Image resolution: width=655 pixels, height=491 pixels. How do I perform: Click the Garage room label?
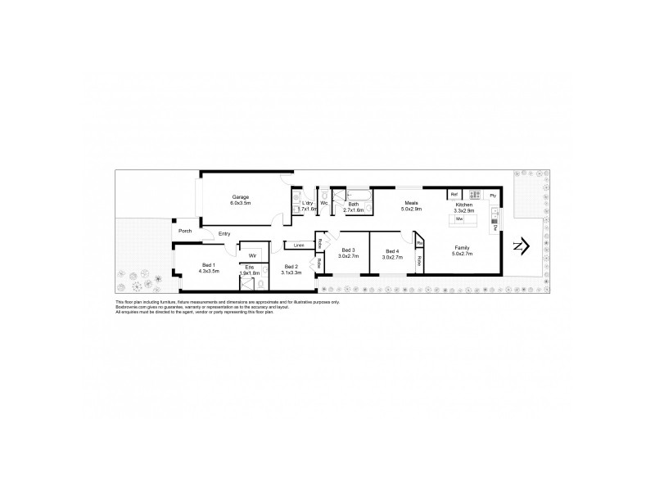pos(240,197)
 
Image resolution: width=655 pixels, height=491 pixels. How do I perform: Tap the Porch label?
pos(186,231)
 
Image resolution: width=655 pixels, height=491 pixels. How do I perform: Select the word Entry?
pos(224,234)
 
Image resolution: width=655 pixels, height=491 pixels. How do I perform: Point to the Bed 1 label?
pos(208,264)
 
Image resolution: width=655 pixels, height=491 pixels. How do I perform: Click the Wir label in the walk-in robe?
pos(254,255)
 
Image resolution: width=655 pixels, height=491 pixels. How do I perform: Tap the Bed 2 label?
pos(291,266)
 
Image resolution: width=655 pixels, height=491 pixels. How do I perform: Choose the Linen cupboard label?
pos(299,245)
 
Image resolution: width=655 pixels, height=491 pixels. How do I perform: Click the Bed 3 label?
pos(347,250)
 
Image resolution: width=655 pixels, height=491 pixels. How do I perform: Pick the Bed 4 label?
pos(392,250)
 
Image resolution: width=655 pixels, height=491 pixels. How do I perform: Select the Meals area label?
pos(411,203)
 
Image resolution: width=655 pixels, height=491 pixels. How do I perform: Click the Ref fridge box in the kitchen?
pos(454,195)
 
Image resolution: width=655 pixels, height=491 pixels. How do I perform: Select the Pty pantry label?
pos(493,196)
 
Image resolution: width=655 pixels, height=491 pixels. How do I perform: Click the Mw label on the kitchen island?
pos(459,219)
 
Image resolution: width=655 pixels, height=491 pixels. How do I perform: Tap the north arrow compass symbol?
pos(522,245)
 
